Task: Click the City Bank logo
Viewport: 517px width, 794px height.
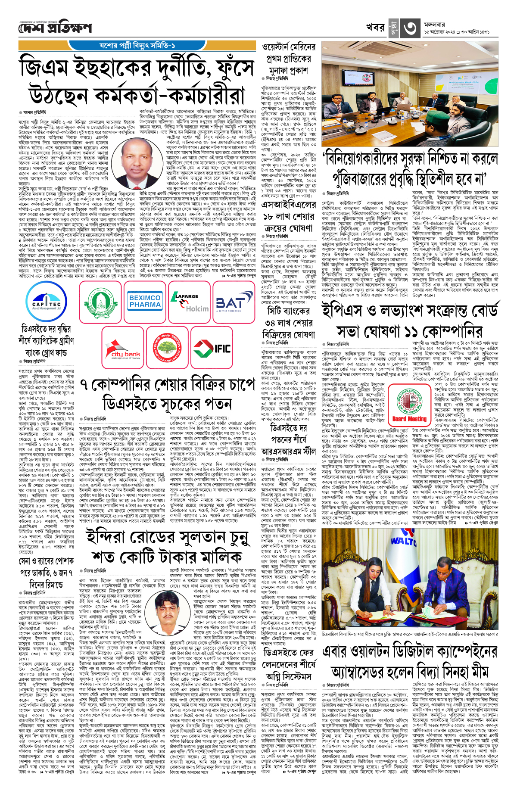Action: pos(122,348)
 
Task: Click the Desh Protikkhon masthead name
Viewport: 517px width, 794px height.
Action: pos(55,29)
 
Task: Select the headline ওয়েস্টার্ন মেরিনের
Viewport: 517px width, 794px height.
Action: pos(289,47)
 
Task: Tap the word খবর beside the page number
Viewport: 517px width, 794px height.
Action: pos(375,28)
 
